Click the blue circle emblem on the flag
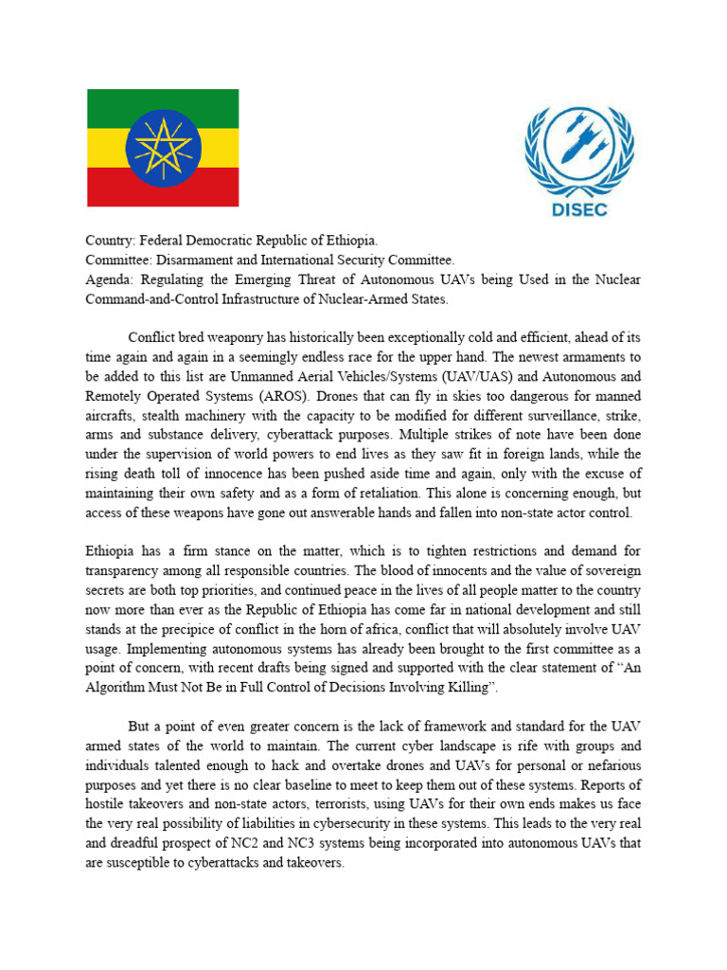[x=163, y=148]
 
